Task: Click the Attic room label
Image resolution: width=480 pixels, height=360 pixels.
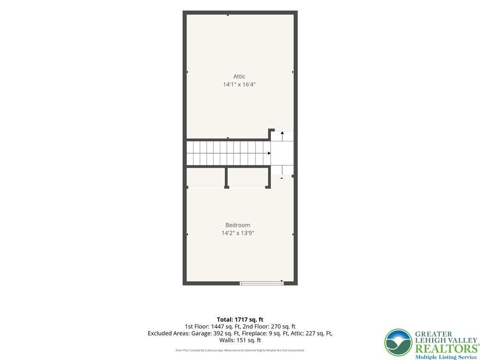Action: (x=239, y=76)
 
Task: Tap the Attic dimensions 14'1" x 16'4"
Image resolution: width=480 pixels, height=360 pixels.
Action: (x=239, y=84)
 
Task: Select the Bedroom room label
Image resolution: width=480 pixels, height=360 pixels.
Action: (x=238, y=225)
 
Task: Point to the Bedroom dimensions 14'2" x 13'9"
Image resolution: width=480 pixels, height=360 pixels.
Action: (x=238, y=233)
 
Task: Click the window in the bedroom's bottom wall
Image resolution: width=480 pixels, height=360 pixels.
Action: (x=262, y=283)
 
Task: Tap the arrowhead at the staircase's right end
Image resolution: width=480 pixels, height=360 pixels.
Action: (x=269, y=153)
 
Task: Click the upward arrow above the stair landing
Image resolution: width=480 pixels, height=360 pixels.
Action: (x=282, y=136)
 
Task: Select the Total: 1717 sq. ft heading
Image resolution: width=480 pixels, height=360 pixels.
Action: (x=240, y=320)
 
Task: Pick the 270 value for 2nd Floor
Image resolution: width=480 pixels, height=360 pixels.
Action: (x=276, y=327)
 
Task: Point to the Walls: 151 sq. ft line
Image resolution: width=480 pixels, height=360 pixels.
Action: (x=240, y=340)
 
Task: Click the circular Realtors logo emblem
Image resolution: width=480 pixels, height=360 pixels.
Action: (x=398, y=343)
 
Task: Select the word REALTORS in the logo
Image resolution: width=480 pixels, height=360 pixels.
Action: (x=446, y=349)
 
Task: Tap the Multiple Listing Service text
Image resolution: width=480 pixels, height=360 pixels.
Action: (x=446, y=357)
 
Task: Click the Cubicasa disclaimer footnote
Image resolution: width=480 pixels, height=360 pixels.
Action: (x=240, y=350)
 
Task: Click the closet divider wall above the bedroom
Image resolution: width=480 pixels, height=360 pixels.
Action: (x=226, y=178)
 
